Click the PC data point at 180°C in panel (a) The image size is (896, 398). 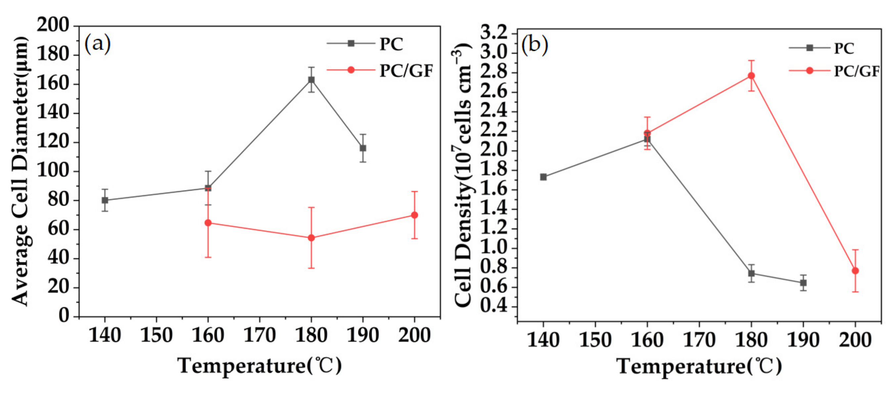(311, 80)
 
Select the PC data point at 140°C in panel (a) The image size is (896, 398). (105, 200)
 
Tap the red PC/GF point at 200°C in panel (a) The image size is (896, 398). (414, 215)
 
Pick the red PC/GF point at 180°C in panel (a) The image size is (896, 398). (311, 238)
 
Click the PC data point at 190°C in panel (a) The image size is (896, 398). (363, 148)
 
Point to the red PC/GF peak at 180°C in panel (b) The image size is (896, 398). (751, 76)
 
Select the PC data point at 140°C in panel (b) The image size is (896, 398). (543, 177)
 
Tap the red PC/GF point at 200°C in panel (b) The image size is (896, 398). (855, 271)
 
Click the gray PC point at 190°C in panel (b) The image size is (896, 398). (803, 283)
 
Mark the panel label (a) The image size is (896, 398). (97, 43)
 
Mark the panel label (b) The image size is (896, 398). (535, 45)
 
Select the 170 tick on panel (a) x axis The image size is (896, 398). (259, 335)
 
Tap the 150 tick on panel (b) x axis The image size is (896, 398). (595, 340)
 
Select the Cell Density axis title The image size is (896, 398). (463, 177)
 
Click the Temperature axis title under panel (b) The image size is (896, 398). (699, 366)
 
